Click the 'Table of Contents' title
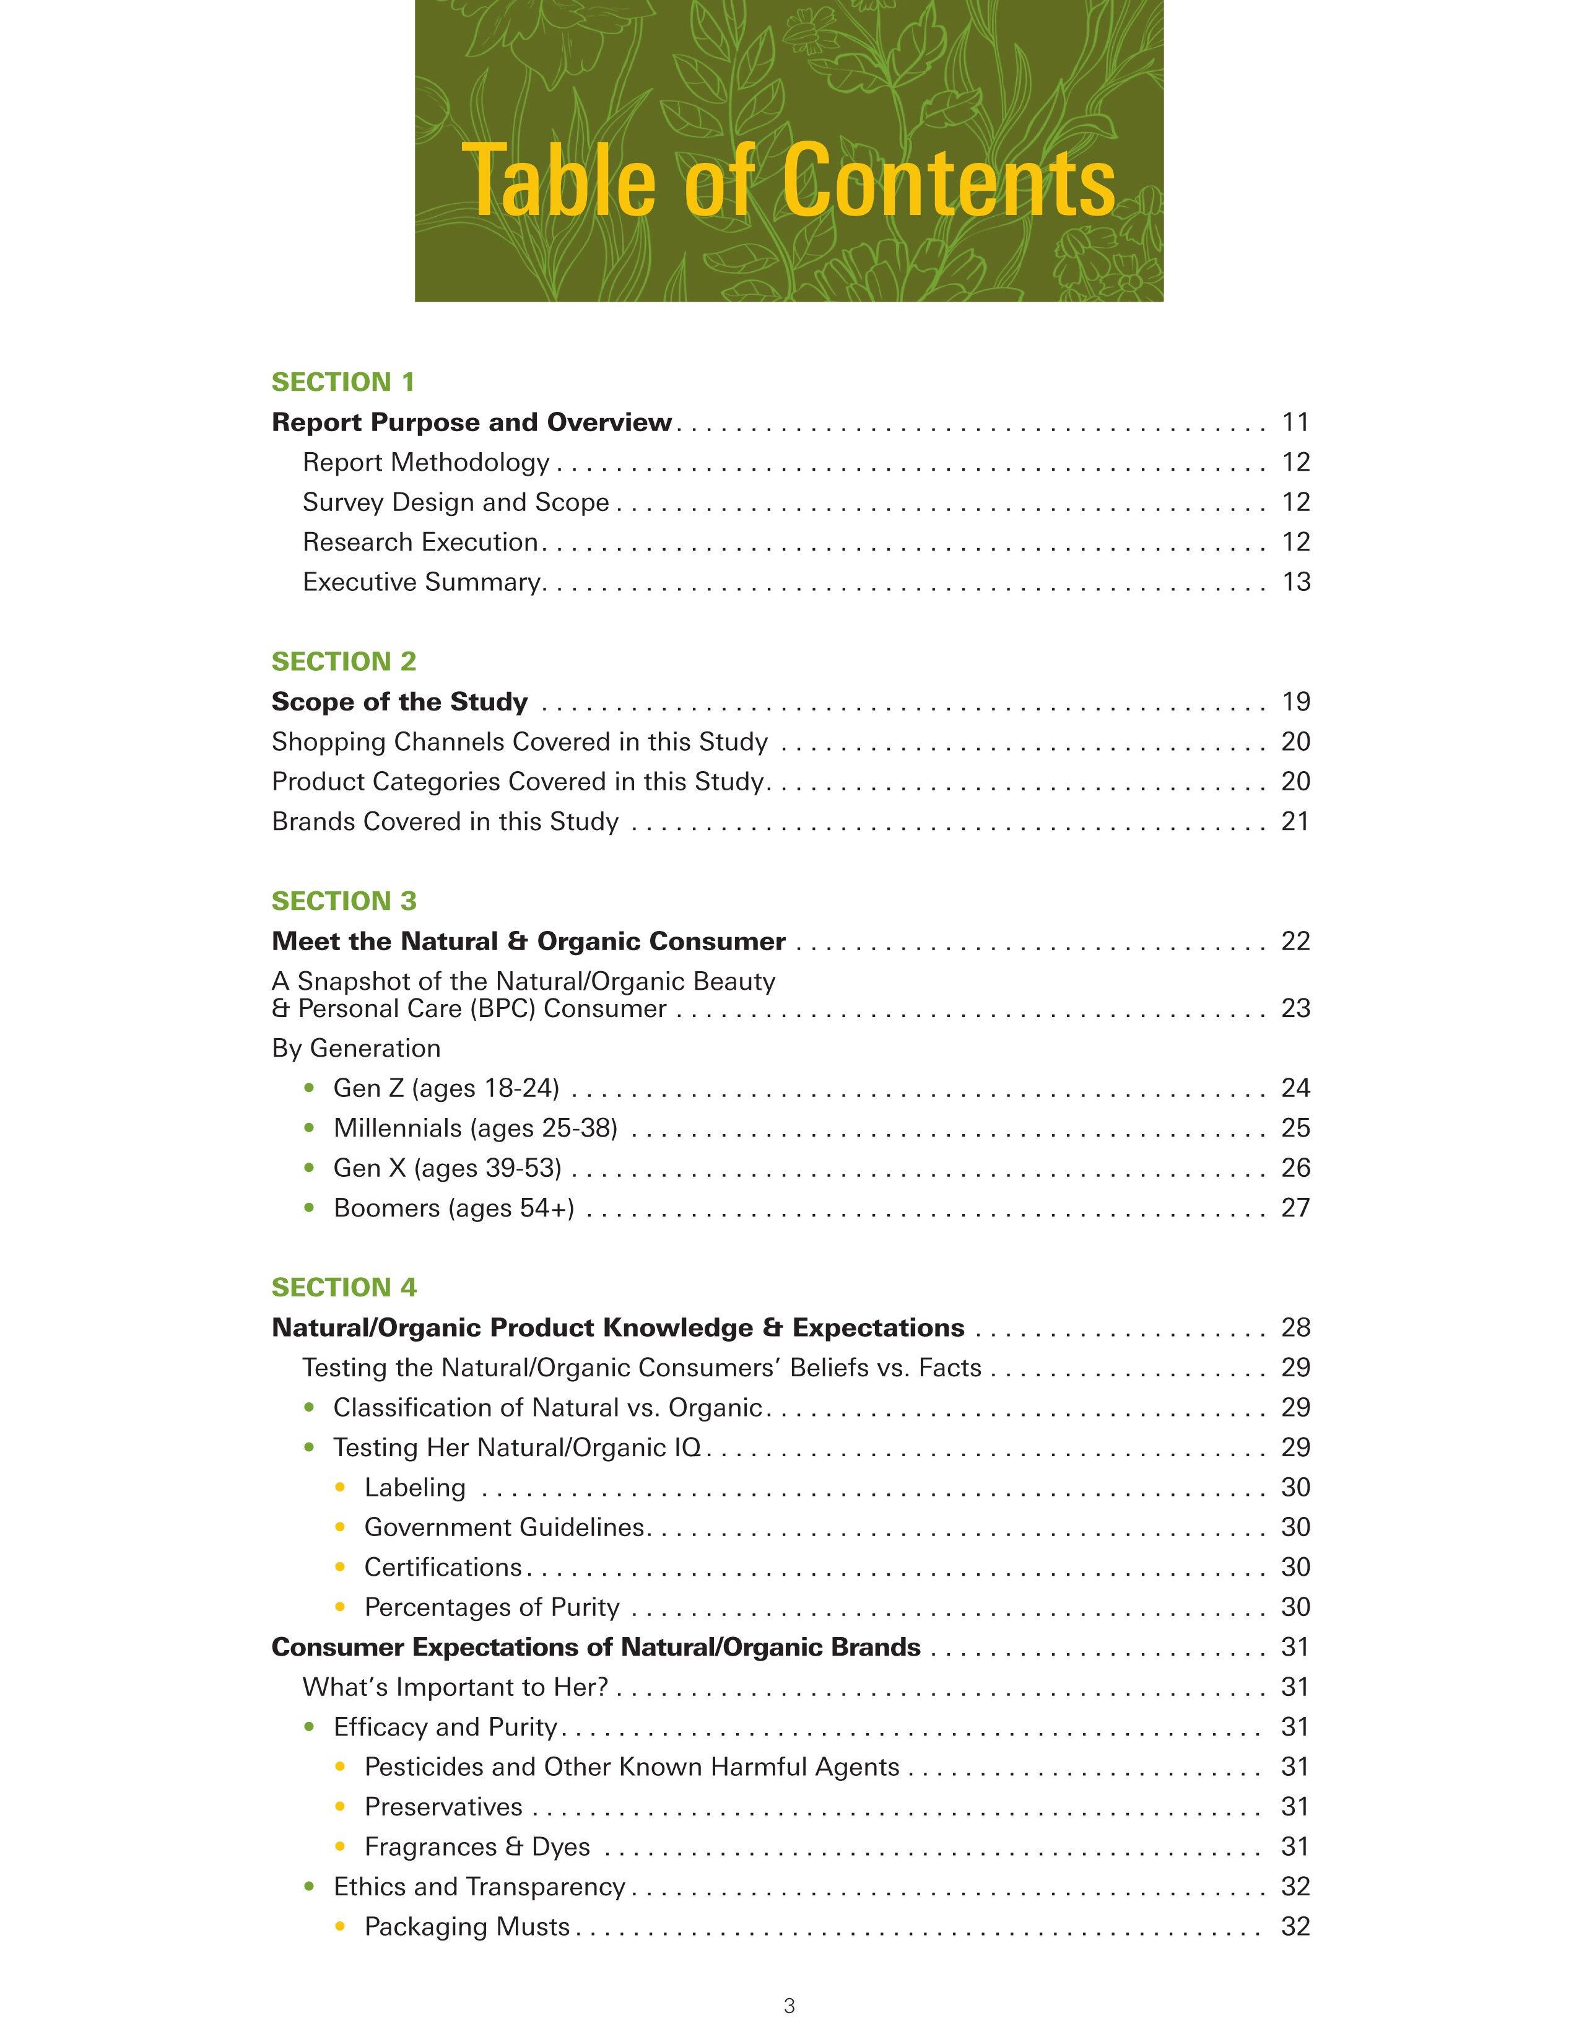coord(788,180)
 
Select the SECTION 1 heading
coord(342,382)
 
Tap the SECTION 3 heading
coord(343,901)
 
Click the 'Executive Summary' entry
coord(422,582)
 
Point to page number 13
coord(1295,582)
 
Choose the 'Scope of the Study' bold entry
coord(399,702)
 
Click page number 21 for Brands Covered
coord(1295,822)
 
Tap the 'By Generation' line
coord(355,1048)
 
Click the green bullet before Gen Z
coord(310,1088)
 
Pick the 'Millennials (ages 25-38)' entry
coord(475,1129)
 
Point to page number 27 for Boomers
coord(1295,1208)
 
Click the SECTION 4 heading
coord(343,1287)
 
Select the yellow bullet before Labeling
coord(341,1487)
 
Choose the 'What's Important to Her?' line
coord(455,1687)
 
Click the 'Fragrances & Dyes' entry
coord(477,1846)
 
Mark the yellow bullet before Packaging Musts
coord(341,1927)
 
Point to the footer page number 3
coord(788,2006)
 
